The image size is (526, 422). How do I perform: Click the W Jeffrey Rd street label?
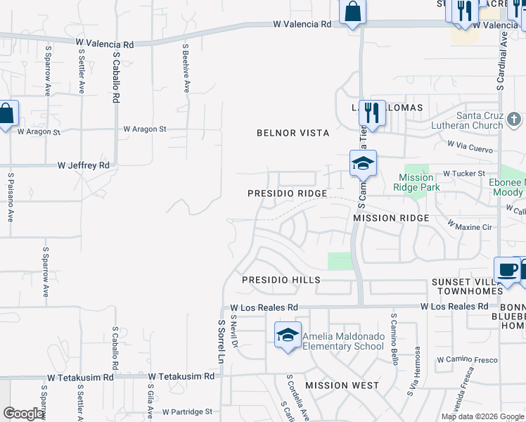pos(84,165)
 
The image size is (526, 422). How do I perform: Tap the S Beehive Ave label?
pos(186,69)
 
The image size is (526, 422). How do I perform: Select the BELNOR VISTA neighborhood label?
pos(293,133)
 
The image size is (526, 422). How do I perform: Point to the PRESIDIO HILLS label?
pos(281,280)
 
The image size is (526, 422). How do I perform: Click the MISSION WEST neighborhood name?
pos(342,385)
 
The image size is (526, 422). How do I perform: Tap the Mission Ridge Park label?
pos(419,182)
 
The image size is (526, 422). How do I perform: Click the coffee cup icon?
pos(507,269)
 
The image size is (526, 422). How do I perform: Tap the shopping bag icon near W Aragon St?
pos(7,114)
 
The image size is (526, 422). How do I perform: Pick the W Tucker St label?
pos(463,173)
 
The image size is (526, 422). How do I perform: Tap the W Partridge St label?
pos(187,411)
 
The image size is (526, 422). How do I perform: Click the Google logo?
pos(23,414)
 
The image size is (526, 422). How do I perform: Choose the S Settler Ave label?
pos(82,71)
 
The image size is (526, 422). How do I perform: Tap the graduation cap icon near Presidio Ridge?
pos(363,164)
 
